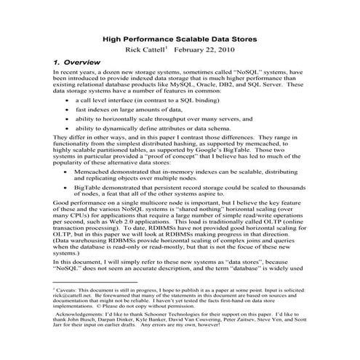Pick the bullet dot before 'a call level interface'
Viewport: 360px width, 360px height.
[x=68, y=101]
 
